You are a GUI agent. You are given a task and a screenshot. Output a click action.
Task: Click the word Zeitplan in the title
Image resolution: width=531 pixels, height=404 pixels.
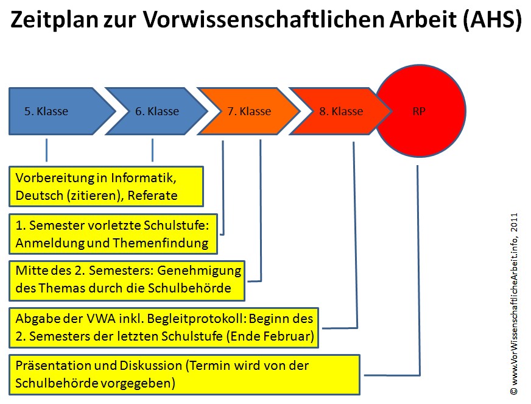(54, 19)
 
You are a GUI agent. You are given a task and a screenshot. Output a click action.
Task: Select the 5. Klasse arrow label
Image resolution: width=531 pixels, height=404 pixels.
(46, 111)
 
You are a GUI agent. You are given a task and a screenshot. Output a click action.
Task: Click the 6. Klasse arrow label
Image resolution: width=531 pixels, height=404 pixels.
(157, 111)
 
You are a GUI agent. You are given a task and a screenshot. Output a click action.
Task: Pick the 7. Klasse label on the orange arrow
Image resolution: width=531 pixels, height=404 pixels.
(249, 111)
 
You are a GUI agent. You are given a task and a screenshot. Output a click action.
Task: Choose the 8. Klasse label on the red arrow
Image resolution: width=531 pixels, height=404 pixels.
(342, 111)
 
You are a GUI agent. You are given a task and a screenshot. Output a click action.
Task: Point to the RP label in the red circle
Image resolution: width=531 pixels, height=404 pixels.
(419, 111)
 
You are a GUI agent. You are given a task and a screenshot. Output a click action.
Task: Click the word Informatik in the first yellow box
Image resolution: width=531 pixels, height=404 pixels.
(143, 177)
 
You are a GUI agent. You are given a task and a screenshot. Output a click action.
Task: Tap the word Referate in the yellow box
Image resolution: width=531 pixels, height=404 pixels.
(152, 196)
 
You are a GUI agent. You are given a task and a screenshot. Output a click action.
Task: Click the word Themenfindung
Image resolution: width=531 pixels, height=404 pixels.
(161, 243)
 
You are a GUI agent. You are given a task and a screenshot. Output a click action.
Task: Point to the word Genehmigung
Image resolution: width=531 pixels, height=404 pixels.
(200, 271)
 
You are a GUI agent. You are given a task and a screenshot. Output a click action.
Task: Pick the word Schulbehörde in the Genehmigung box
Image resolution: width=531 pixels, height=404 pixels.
(189, 288)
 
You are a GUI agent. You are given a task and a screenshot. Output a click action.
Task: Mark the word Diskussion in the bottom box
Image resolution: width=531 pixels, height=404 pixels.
(150, 366)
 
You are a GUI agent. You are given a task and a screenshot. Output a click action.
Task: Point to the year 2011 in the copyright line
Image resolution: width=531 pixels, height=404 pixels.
(515, 222)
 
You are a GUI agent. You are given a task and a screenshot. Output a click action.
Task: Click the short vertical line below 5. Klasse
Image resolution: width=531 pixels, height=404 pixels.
(46, 150)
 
